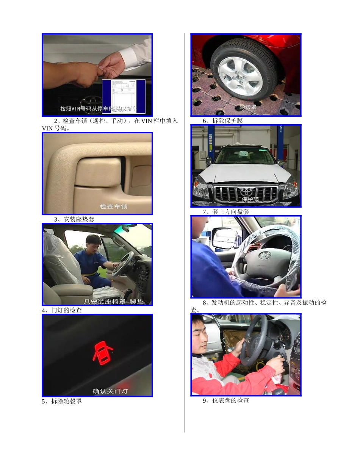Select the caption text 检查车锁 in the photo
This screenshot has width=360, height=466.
114,206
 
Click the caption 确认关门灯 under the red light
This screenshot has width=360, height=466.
110,391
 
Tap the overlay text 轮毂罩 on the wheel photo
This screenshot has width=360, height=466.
247,107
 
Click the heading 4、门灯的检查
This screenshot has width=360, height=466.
62,310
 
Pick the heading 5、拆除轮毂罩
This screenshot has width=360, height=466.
62,401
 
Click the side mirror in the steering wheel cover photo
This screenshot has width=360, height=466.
224,238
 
